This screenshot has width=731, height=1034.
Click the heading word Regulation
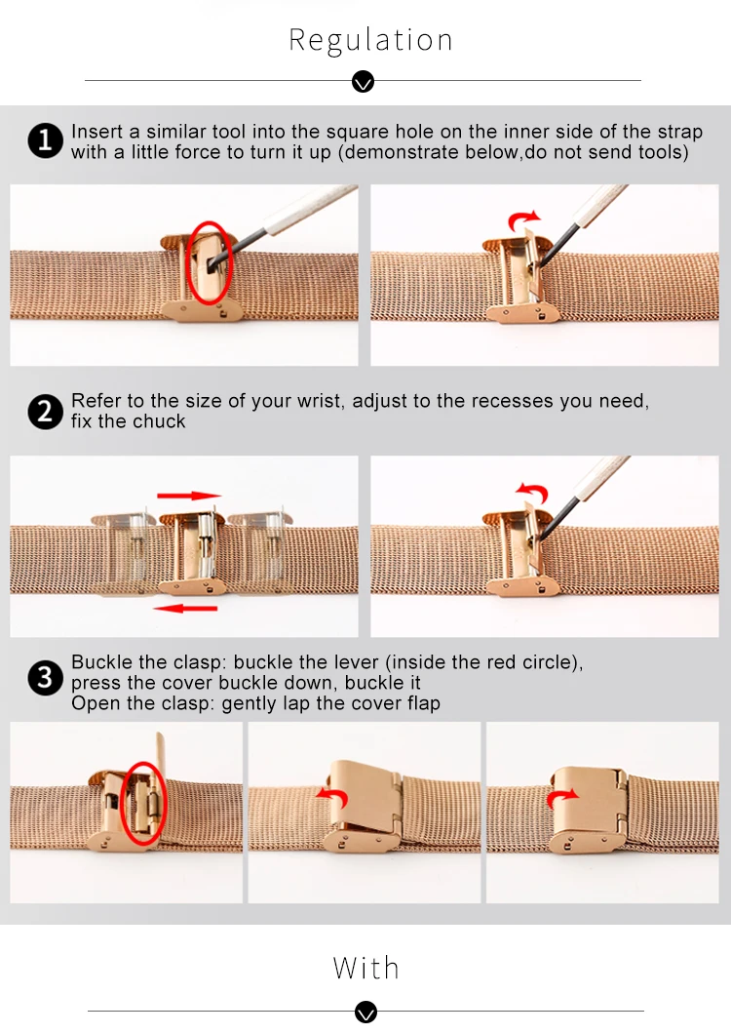370,41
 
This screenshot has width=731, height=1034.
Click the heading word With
365,968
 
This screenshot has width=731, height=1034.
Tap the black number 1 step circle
46,140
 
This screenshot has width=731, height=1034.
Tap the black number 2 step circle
46,412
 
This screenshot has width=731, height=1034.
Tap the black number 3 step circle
46,677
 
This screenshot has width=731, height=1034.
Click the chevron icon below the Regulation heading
364,82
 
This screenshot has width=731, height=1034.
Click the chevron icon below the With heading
365,1012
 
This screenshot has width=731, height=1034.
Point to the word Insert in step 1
97,132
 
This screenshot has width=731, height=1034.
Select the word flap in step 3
424,703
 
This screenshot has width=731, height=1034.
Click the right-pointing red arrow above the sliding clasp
189,496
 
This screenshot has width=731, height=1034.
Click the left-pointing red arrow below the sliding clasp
185,608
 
